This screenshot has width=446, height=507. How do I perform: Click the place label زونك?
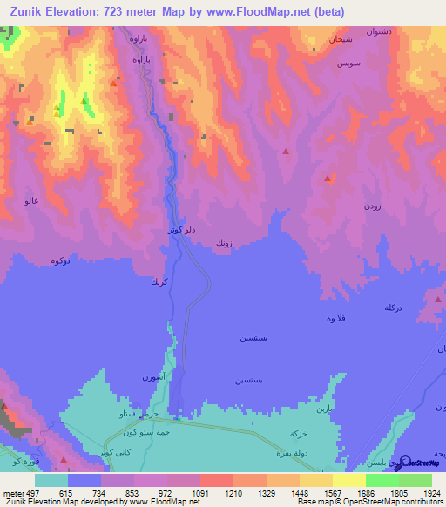coord(224,246)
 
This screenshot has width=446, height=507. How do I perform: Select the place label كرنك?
coord(158,281)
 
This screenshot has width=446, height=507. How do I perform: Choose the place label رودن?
coord(372,206)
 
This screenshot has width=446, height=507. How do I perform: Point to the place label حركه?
coord(298,433)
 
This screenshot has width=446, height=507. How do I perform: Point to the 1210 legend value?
coord(233,492)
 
